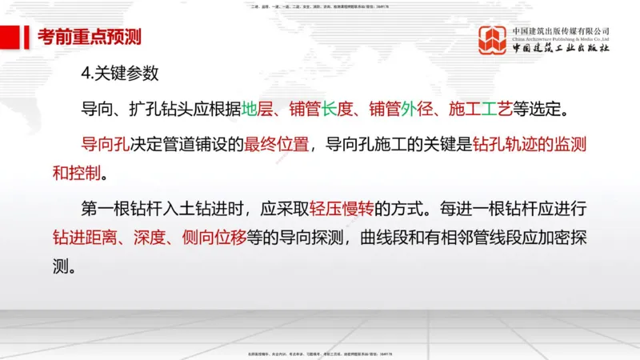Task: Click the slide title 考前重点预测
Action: point(90,37)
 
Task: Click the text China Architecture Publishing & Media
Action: point(561,38)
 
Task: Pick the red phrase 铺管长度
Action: point(321,109)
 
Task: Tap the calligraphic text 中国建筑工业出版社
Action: point(561,49)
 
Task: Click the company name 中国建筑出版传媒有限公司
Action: point(561,30)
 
